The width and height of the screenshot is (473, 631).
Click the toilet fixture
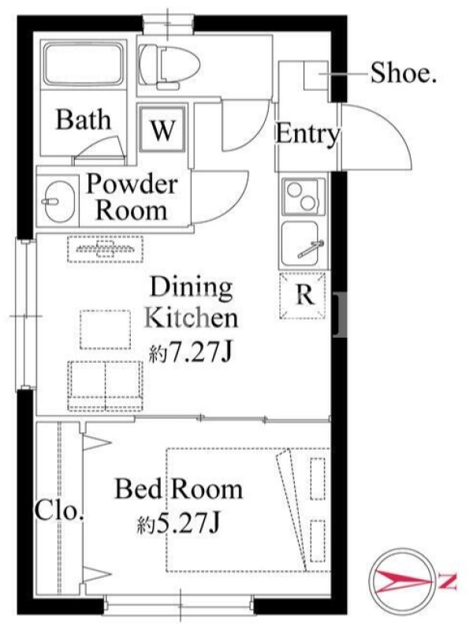point(169,66)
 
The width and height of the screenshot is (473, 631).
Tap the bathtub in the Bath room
point(84,65)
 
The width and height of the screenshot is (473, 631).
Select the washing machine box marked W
point(163,128)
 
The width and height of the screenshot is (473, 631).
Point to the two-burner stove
point(304,196)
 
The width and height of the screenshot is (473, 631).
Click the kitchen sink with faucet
point(304,244)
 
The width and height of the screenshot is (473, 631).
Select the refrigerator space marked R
point(303,296)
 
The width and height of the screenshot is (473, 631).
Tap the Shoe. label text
point(403,73)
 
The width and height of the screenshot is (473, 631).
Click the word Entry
point(307,133)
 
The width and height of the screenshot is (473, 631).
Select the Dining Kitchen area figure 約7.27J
point(191,353)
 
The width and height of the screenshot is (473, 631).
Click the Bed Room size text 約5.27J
point(179,524)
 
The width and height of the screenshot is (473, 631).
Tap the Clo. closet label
point(60,511)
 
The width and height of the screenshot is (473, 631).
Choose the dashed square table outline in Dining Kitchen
point(106,329)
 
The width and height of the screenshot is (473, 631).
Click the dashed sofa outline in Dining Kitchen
point(106,386)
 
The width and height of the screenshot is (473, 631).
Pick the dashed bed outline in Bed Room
point(248,510)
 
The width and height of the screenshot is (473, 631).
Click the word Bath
point(84,120)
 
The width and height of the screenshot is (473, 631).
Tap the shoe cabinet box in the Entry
point(316,75)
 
